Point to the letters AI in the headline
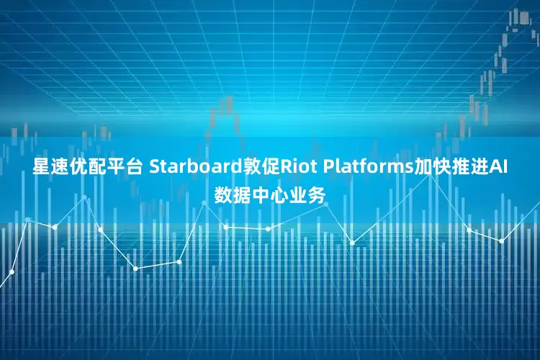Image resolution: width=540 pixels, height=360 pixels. [498, 168]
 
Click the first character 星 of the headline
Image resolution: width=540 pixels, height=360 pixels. [41, 168]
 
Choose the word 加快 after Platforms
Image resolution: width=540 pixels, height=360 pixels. [428, 168]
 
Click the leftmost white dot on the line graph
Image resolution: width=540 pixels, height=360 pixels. [12, 271]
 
